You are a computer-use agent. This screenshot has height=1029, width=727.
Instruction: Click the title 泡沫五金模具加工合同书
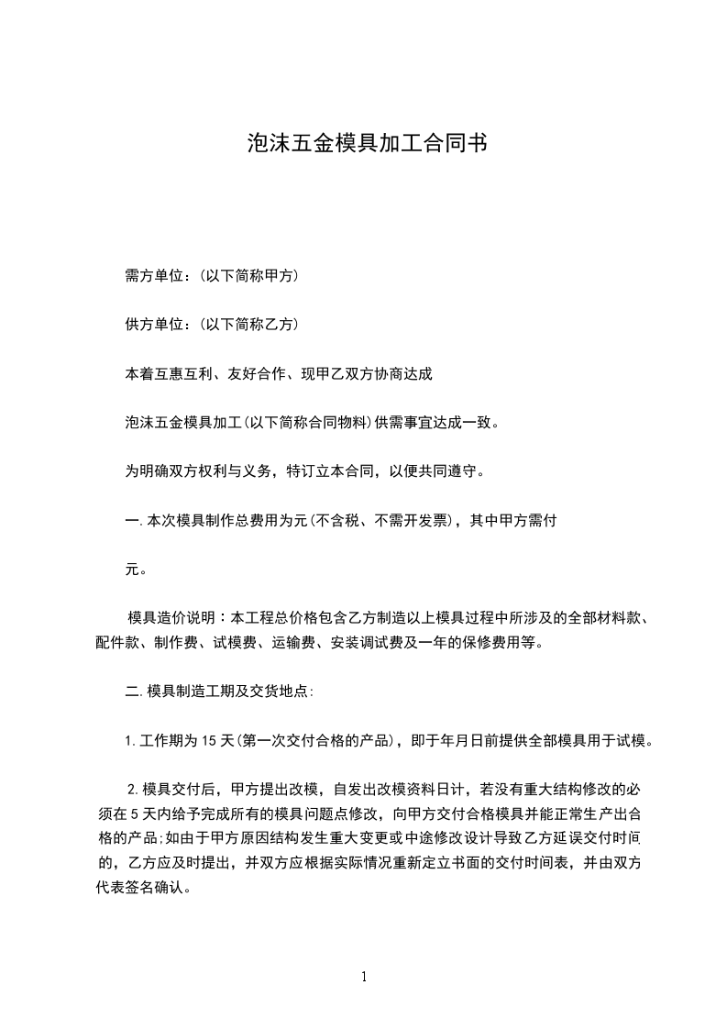coord(365,143)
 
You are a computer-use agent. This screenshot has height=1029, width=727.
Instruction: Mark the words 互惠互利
coord(182,374)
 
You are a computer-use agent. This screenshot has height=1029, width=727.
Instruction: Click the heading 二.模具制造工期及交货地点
coord(220,691)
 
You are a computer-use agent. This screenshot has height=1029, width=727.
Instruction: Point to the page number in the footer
coord(364,977)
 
